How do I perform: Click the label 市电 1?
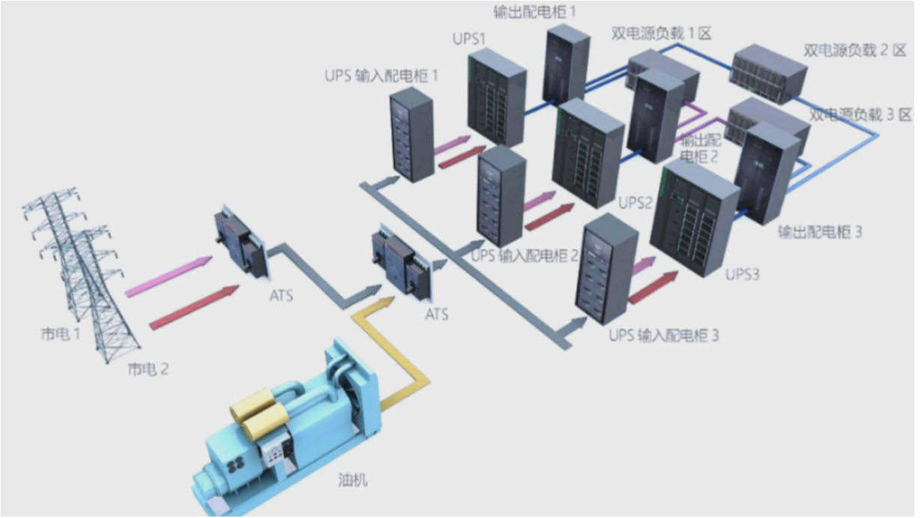coord(61,334)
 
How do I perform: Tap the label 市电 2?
coord(148,369)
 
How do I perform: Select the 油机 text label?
coord(353,480)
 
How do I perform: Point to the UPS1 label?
coord(468,39)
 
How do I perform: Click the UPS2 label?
coord(635,202)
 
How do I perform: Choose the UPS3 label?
coord(742,274)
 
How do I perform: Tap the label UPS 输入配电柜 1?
coord(381,76)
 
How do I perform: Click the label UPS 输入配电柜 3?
coord(664,335)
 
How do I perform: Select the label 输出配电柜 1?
coord(534,12)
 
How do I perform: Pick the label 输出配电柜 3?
coord(820,232)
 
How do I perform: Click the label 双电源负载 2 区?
coord(854,50)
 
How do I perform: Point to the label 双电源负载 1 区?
coord(661,33)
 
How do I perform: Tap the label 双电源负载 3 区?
coord(860,115)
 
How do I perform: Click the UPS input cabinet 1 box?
coord(412,134)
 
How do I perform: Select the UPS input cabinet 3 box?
coord(606,269)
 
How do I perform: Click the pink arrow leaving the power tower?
coord(169,276)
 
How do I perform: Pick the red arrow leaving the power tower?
coord(194,307)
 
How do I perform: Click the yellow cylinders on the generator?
coord(259,415)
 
